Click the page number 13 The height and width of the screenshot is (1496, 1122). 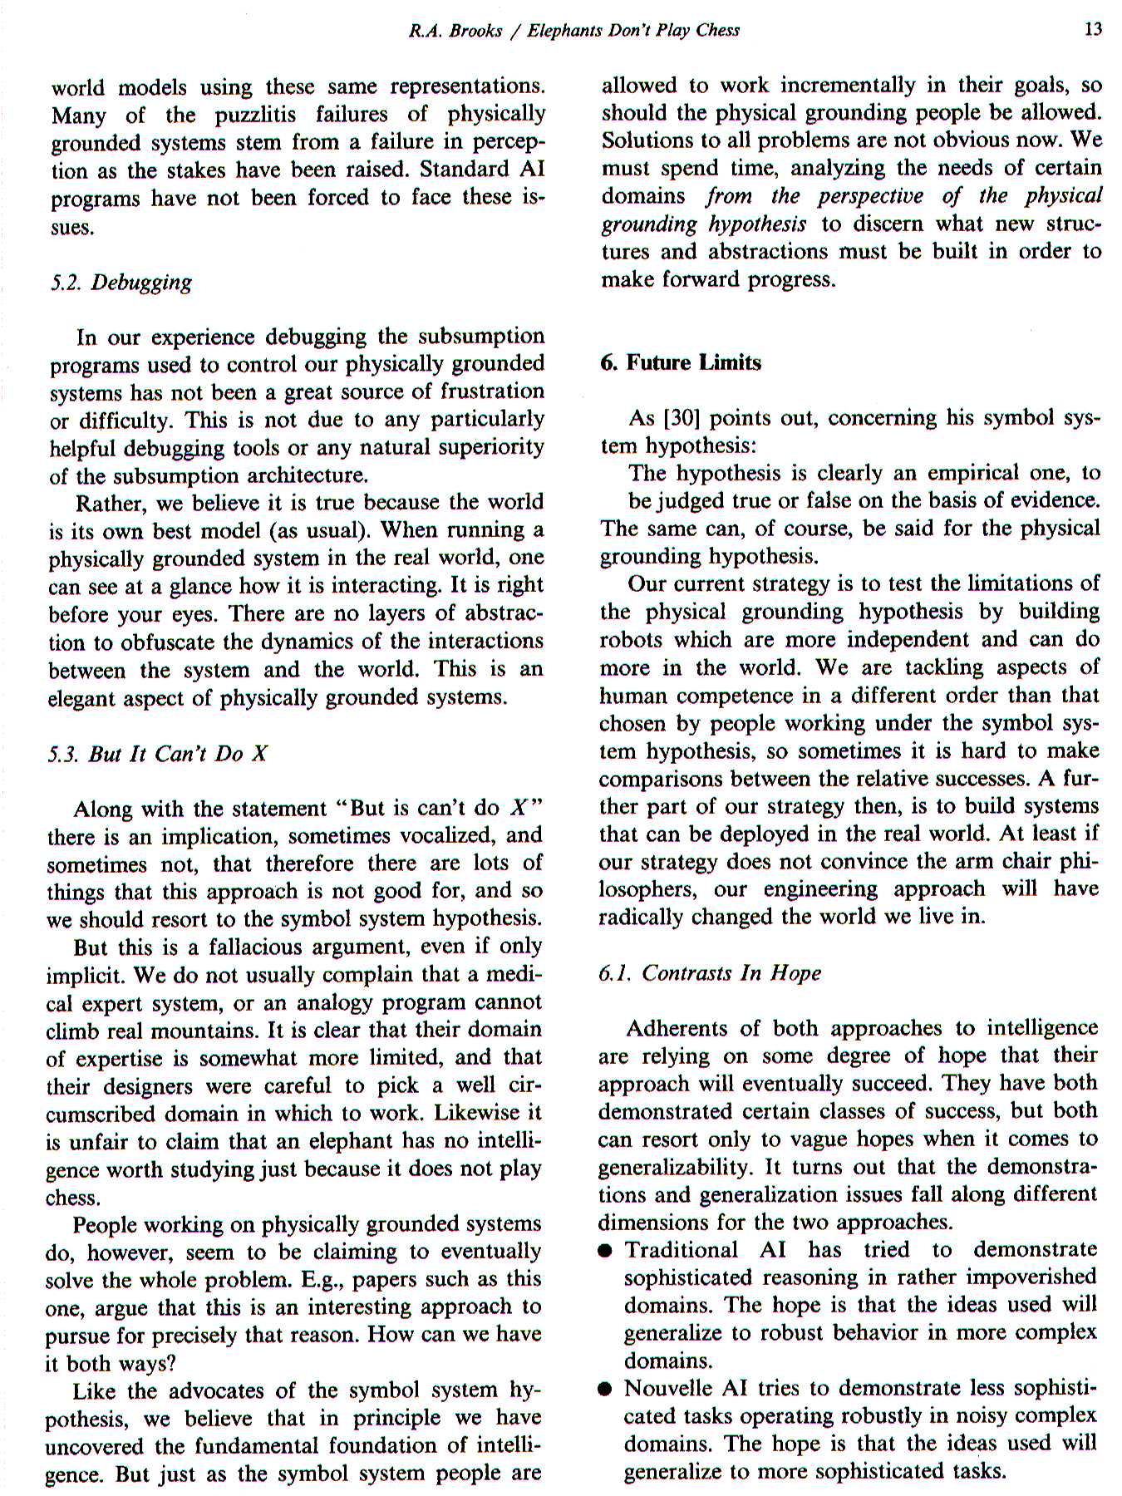tap(1093, 30)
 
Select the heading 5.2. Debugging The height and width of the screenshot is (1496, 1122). tap(121, 283)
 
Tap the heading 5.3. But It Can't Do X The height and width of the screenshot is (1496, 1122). tap(158, 754)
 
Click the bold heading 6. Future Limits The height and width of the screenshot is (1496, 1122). tap(681, 363)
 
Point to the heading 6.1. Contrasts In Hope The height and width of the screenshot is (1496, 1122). tap(710, 973)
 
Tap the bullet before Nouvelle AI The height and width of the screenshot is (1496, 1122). tap(608, 1390)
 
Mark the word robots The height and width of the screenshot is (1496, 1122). tap(631, 640)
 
